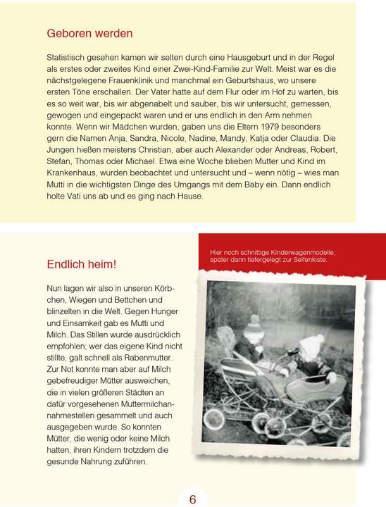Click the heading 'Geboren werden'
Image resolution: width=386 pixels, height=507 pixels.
[89, 33]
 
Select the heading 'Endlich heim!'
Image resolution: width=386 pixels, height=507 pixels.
[82, 264]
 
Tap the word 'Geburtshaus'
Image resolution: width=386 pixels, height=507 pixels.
[249, 80]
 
